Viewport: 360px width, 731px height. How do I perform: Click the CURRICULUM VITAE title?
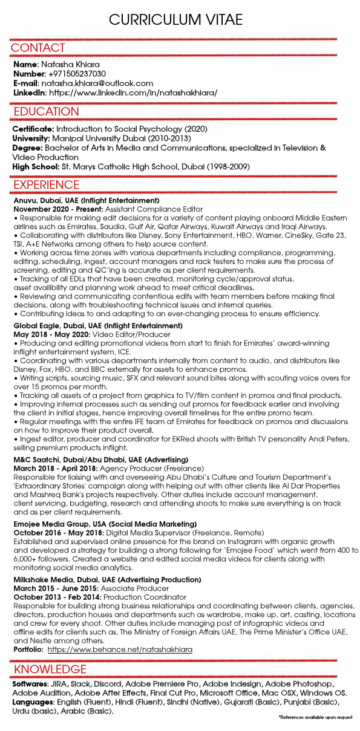[x=175, y=20]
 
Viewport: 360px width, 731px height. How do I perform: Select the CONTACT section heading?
[x=38, y=48]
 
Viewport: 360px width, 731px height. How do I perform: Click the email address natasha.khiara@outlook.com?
[x=97, y=83]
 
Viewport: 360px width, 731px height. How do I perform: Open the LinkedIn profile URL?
[x=133, y=93]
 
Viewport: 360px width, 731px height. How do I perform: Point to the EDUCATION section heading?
[x=47, y=112]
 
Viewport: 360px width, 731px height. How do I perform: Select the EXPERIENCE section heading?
[x=47, y=185]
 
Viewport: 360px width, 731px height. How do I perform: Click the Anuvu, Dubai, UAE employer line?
[x=86, y=200]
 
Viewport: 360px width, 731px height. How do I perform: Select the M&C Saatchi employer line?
[x=100, y=460]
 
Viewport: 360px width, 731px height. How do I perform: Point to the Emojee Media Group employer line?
[x=105, y=524]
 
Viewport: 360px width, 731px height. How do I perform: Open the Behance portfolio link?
[x=120, y=649]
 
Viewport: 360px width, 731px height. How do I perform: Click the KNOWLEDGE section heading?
[x=50, y=669]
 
